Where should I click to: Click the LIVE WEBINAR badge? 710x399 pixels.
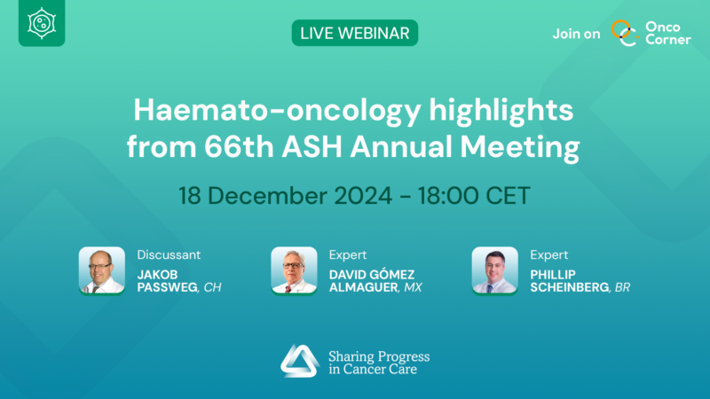click(x=354, y=33)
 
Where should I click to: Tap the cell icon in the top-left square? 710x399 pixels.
click(x=42, y=24)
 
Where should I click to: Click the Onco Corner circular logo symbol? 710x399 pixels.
click(x=627, y=33)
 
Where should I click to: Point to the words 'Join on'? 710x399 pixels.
click(x=576, y=34)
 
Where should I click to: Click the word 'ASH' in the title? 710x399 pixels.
click(x=335, y=145)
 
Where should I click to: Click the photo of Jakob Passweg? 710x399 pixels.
click(x=101, y=270)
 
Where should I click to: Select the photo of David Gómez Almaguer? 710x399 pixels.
click(x=294, y=270)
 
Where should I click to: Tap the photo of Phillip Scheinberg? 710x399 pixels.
click(x=494, y=270)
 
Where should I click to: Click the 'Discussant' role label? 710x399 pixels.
click(x=169, y=254)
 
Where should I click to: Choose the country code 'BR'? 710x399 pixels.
click(x=621, y=288)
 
